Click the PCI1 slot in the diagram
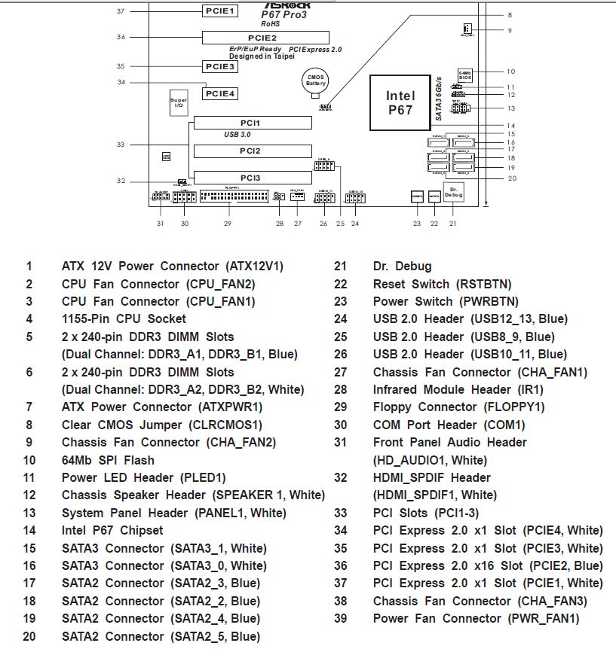click(252, 123)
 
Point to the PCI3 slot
click(252, 178)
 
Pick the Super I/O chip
click(179, 103)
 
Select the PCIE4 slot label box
click(222, 93)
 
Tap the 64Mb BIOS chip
click(464, 75)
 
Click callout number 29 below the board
click(227, 224)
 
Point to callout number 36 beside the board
click(121, 37)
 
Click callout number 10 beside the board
click(510, 72)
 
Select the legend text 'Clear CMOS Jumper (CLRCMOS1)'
click(161, 425)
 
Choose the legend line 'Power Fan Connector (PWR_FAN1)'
click(476, 619)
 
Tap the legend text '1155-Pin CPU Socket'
click(124, 319)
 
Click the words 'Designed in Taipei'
click(262, 56)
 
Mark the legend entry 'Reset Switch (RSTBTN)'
click(442, 284)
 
